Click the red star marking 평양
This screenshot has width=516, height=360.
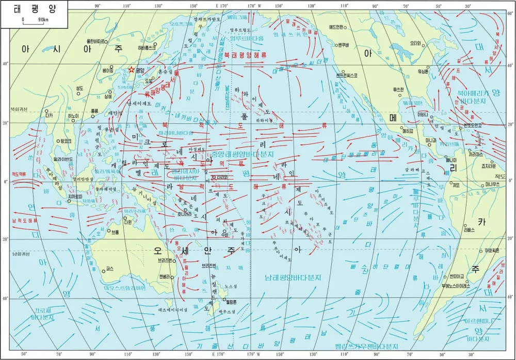pos(132,70)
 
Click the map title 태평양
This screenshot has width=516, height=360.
pos(34,9)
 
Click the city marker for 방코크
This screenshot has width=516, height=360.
pos(66,140)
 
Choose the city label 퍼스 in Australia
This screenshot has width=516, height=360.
pos(109,269)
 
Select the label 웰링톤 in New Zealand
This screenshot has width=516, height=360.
pos(231,301)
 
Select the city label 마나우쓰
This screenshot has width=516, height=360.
pos(492,184)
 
